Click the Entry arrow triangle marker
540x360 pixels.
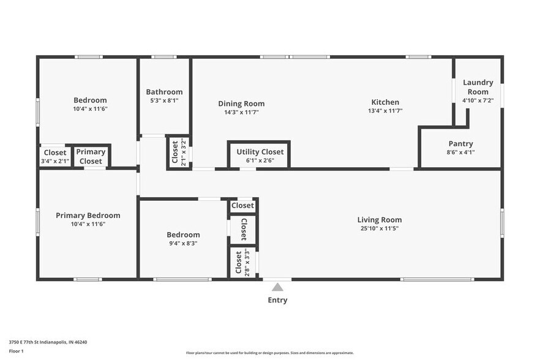click(277, 287)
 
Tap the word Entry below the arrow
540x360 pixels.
click(277, 300)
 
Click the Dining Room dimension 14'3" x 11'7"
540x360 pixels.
click(241, 112)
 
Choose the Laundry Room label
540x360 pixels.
click(478, 87)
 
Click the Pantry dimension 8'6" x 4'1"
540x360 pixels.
click(460, 152)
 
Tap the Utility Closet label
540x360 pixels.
click(260, 151)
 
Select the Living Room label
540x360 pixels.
click(380, 220)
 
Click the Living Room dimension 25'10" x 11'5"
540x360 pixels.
click(380, 228)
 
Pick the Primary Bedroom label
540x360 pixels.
click(88, 216)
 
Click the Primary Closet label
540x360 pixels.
click(91, 157)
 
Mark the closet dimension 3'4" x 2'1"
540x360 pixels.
click(55, 162)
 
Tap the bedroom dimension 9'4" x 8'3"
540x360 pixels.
click(183, 243)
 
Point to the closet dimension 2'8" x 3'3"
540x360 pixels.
click(246, 262)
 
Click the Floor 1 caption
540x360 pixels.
click(16, 351)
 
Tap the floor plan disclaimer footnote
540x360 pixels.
click(269, 353)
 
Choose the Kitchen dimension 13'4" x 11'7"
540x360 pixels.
click(385, 111)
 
